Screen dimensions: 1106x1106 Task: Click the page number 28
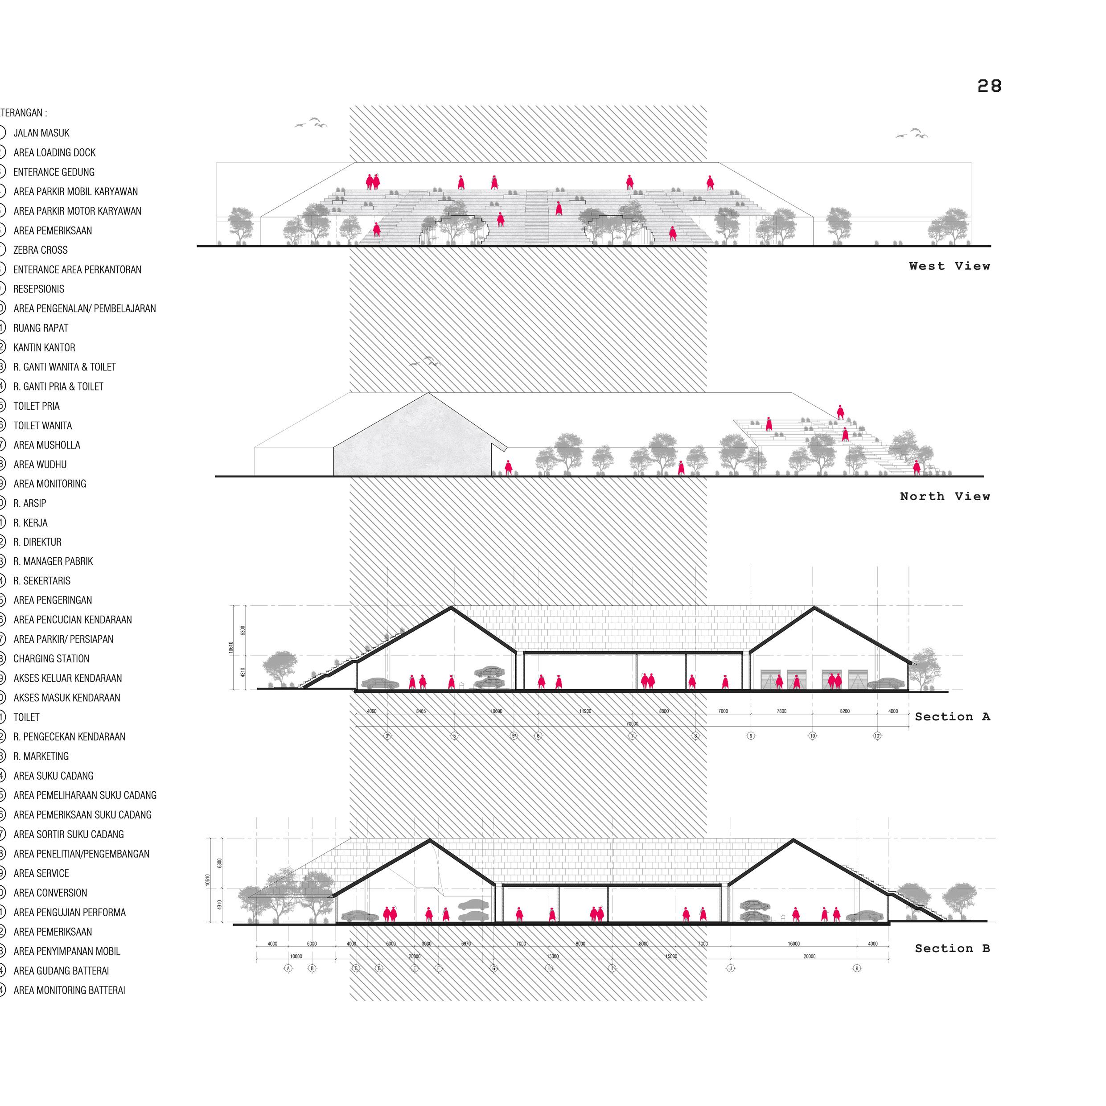coord(989,86)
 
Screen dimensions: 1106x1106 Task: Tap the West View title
coord(949,266)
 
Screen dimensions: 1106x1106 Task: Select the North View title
coord(945,496)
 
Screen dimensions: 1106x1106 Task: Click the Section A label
coord(952,717)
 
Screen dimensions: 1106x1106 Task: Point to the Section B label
coord(952,949)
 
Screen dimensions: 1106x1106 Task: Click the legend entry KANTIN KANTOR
coord(44,347)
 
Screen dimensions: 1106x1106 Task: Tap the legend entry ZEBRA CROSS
coord(40,250)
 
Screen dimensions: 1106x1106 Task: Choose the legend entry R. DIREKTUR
coord(37,542)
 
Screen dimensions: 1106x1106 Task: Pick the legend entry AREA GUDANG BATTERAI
coord(61,970)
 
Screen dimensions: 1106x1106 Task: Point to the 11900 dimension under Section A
coord(585,711)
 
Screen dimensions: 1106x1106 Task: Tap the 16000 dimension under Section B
coord(794,943)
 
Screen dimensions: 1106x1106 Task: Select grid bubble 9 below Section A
coord(751,736)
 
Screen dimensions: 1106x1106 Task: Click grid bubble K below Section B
coord(857,968)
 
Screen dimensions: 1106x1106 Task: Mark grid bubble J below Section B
coord(731,968)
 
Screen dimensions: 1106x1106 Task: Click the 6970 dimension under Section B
coord(466,943)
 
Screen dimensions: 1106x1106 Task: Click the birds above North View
coord(425,361)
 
